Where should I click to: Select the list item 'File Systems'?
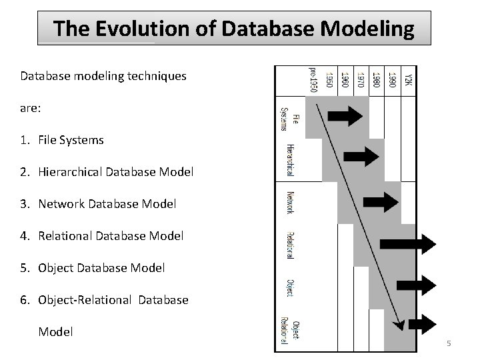coord(71,140)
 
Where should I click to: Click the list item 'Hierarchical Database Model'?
coord(115,172)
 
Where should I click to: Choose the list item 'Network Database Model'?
coord(107,204)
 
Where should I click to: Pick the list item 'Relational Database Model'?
coord(111,236)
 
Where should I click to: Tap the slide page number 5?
coord(449,343)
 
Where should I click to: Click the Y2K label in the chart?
coord(409,79)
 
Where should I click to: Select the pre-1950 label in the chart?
coord(313,79)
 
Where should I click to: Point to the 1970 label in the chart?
coord(361,79)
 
